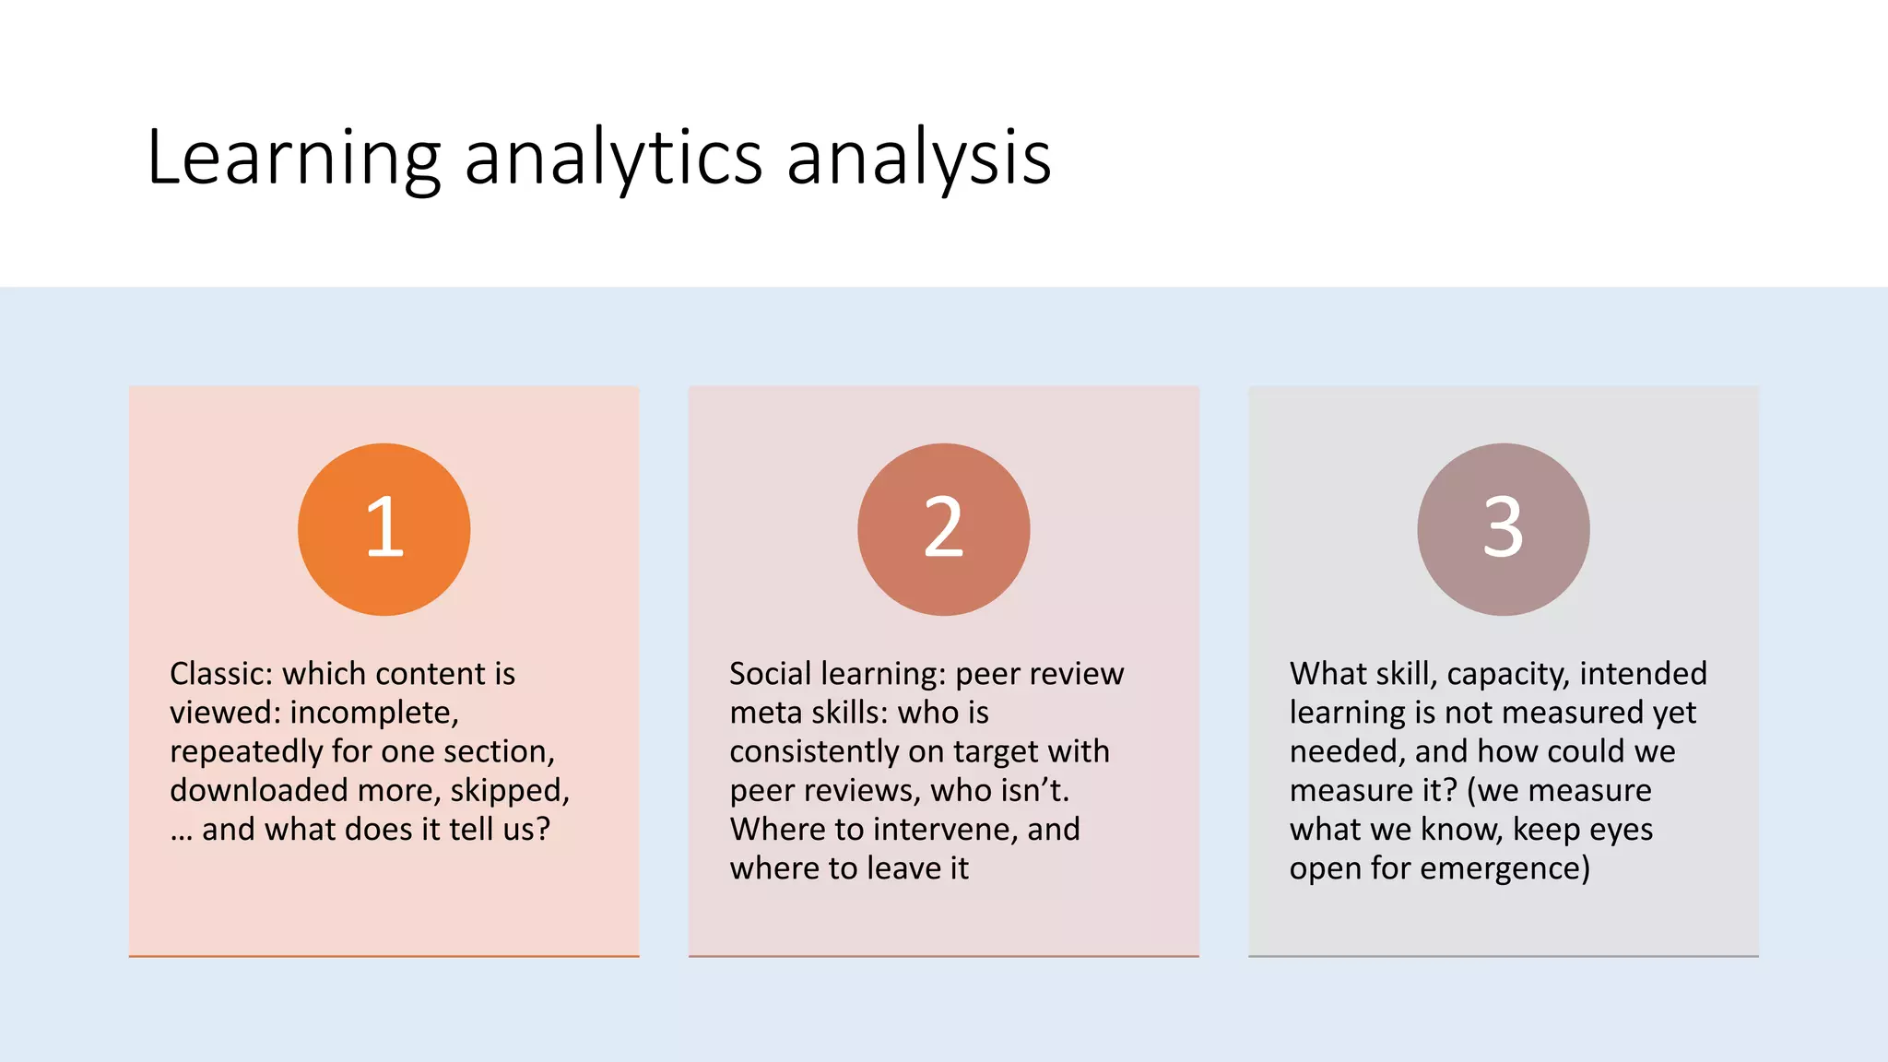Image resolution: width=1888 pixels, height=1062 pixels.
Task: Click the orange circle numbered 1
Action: coord(383,529)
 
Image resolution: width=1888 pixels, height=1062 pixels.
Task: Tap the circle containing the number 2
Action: coord(943,529)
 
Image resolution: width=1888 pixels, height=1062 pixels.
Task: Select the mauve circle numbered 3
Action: coord(1503,529)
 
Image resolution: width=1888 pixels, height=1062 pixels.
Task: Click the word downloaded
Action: coord(258,790)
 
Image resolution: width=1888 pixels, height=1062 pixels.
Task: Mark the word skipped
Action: coord(509,790)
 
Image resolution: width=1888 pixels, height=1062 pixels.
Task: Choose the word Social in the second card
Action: coord(770,674)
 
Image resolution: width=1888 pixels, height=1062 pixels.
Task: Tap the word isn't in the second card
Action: coord(1034,790)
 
